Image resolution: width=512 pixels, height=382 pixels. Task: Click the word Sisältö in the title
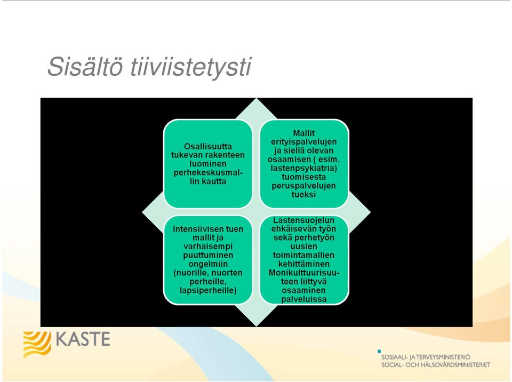coord(85,66)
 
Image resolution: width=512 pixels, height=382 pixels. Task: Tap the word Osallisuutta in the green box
coord(208,146)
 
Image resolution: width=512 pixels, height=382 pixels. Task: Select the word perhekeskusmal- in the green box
coord(208,172)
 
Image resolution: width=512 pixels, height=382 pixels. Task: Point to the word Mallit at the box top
coord(304,133)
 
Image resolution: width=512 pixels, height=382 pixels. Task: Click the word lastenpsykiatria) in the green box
coord(304,168)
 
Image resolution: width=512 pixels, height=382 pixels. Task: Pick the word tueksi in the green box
coord(304,194)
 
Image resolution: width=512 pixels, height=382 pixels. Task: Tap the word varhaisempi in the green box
coord(208,246)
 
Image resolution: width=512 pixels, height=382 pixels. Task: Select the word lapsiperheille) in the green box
coord(208,291)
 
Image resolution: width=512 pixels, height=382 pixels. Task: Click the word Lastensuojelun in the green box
coord(304,220)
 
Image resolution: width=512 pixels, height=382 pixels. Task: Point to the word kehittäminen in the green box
coord(304,264)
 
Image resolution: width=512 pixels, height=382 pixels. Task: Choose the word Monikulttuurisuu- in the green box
coord(304,273)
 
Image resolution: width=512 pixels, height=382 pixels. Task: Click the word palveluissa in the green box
coord(304,299)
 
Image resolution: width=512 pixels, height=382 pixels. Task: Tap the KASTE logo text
coord(83,339)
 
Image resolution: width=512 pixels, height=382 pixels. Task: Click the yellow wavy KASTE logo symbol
coord(37,345)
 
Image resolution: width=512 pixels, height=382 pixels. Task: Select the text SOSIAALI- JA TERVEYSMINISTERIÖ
coord(426,357)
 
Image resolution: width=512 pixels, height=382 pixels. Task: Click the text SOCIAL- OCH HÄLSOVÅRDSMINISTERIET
coord(436,365)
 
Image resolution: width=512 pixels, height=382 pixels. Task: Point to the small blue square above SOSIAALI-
coord(379,351)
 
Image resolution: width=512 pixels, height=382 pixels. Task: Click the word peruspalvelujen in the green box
coord(304,186)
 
